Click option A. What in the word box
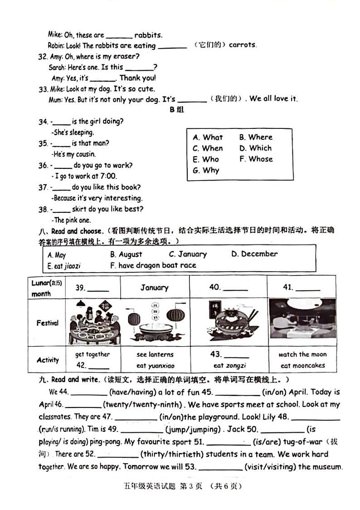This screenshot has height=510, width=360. pyautogui.click(x=208, y=137)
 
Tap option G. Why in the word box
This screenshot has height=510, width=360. pyautogui.click(x=206, y=171)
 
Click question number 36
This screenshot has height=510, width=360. pyautogui.click(x=43, y=166)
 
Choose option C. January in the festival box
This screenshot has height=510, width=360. pyautogui.click(x=188, y=255)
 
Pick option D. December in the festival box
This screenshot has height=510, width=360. pyautogui.click(x=254, y=254)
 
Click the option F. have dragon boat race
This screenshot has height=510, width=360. pyautogui.click(x=153, y=265)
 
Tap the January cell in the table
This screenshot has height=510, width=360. pyautogui.click(x=154, y=288)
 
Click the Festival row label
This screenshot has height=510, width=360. pyautogui.click(x=47, y=323)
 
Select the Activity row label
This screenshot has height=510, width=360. pyautogui.click(x=48, y=360)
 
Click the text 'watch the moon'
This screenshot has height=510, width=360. pyautogui.click(x=302, y=355)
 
